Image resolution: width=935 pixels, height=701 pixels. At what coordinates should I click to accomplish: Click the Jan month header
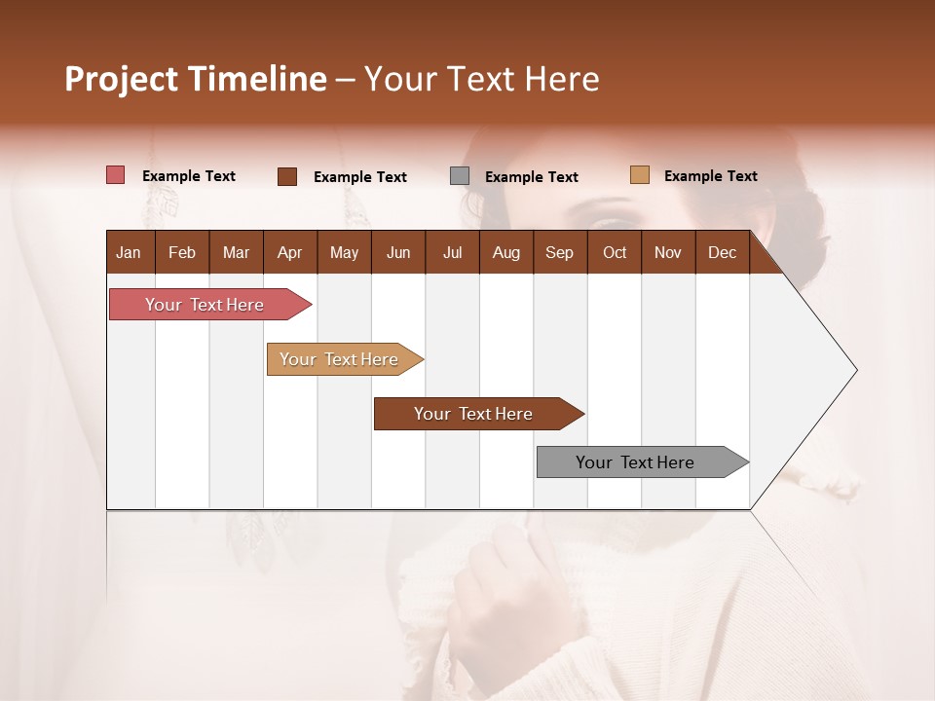130,252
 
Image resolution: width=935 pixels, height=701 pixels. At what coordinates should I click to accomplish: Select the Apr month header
290,252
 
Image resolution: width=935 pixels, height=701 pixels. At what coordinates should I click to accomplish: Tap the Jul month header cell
452,252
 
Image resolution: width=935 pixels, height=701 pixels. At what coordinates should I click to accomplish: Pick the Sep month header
560,252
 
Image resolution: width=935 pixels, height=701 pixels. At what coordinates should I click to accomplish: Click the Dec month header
722,252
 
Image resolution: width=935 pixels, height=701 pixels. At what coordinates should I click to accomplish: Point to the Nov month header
668,252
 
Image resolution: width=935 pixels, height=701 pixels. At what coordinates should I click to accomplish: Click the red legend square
115,175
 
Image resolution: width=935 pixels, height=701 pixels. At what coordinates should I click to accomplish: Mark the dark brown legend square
287,176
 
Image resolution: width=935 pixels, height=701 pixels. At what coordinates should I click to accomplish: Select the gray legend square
460,176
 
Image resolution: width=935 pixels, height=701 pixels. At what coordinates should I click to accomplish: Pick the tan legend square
640,175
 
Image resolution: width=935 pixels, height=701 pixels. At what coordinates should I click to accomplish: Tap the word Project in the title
122,79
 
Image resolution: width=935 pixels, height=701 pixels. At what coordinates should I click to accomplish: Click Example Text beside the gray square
532,177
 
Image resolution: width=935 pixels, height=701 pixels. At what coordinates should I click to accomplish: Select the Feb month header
182,252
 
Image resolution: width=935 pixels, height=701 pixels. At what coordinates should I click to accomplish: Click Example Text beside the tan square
711,176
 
